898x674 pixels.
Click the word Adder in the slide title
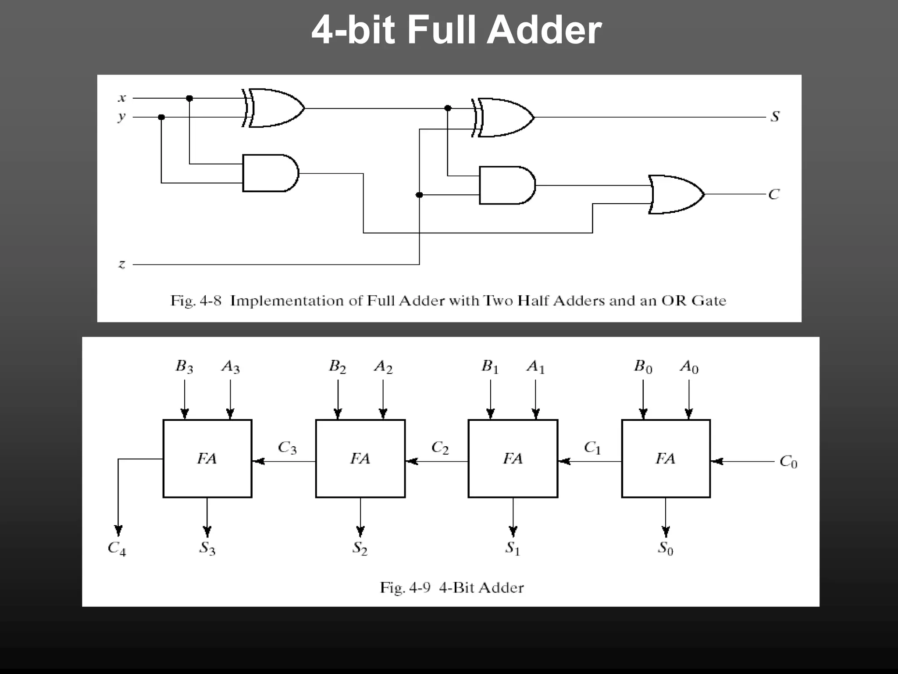coord(544,31)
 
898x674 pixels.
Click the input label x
coord(122,98)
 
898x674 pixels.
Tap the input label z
coord(122,264)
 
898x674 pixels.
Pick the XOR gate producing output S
coord(504,118)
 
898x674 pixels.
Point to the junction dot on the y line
coord(161,117)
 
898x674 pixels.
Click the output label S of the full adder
coord(775,117)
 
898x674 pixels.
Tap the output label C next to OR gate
coord(774,194)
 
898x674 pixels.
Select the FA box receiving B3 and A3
coord(207,459)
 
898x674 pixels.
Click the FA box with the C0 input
coord(666,459)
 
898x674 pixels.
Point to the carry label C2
coord(440,448)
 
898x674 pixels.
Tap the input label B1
coord(490,366)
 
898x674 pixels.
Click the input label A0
coord(689,366)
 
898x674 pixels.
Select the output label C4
coord(117,549)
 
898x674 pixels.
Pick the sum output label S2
coord(360,549)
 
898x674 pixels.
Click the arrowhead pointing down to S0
coord(666,532)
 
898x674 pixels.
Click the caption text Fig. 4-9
coord(405,588)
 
